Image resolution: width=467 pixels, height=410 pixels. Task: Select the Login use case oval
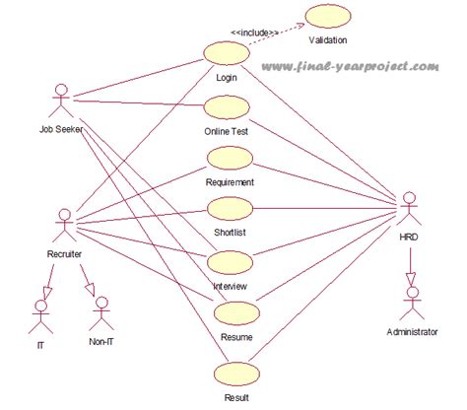click(226, 53)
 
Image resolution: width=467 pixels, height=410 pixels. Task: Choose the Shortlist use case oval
click(231, 210)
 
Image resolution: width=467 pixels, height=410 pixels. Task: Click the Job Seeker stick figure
click(61, 101)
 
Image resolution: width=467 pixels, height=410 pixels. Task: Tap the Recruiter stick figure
click(64, 226)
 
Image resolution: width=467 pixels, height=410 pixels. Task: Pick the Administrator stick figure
click(411, 301)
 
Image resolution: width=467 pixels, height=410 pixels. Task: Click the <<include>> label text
click(252, 32)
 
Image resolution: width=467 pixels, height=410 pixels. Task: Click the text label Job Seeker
click(61, 129)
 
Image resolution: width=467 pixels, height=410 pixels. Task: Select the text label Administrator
click(411, 333)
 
